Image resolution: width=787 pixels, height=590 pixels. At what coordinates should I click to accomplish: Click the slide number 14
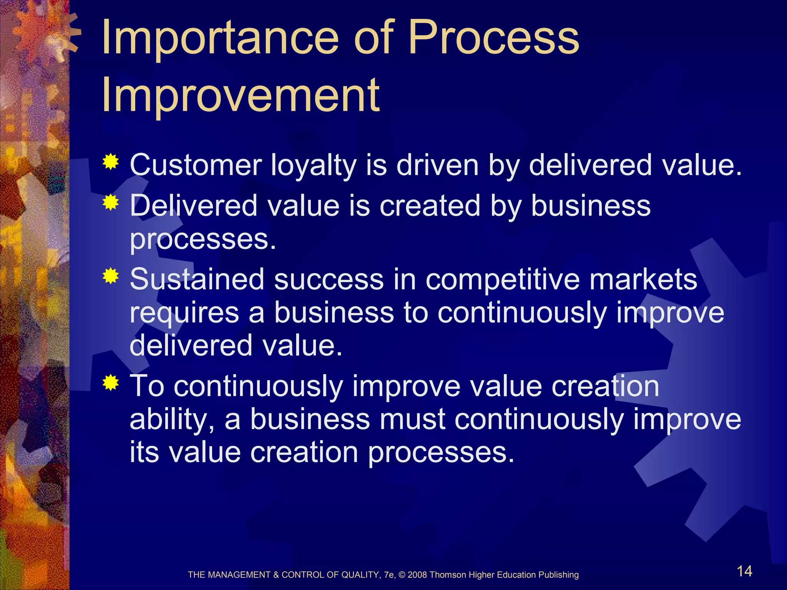[x=744, y=571]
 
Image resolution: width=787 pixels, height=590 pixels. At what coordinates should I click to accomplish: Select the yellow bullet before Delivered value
[x=111, y=202]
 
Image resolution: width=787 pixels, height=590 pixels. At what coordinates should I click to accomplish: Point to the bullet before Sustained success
[x=111, y=276]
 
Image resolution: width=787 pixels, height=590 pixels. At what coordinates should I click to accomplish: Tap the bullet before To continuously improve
[x=111, y=383]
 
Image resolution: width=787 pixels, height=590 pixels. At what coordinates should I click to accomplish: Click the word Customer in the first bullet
[x=196, y=165]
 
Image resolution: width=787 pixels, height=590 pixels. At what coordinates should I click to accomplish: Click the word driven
[x=437, y=165]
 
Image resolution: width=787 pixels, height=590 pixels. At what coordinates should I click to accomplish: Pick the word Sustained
[x=197, y=279]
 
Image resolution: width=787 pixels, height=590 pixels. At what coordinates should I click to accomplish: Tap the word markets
[x=643, y=279]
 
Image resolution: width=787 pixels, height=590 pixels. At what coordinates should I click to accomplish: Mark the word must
[x=412, y=419]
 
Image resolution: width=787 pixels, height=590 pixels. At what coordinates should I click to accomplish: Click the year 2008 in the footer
[x=417, y=575]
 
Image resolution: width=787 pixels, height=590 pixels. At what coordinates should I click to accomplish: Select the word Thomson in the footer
[x=448, y=575]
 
